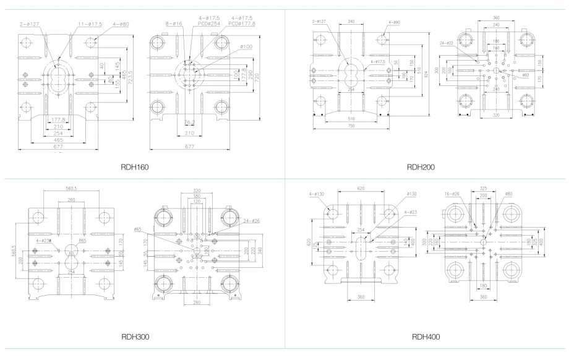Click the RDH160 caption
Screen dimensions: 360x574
pyautogui.click(x=135, y=167)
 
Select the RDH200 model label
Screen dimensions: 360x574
pyautogui.click(x=421, y=167)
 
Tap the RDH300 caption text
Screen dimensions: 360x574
pyautogui.click(x=135, y=337)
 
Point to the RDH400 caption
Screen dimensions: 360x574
pyautogui.click(x=426, y=337)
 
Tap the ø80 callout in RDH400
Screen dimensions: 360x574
pyautogui.click(x=508, y=194)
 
